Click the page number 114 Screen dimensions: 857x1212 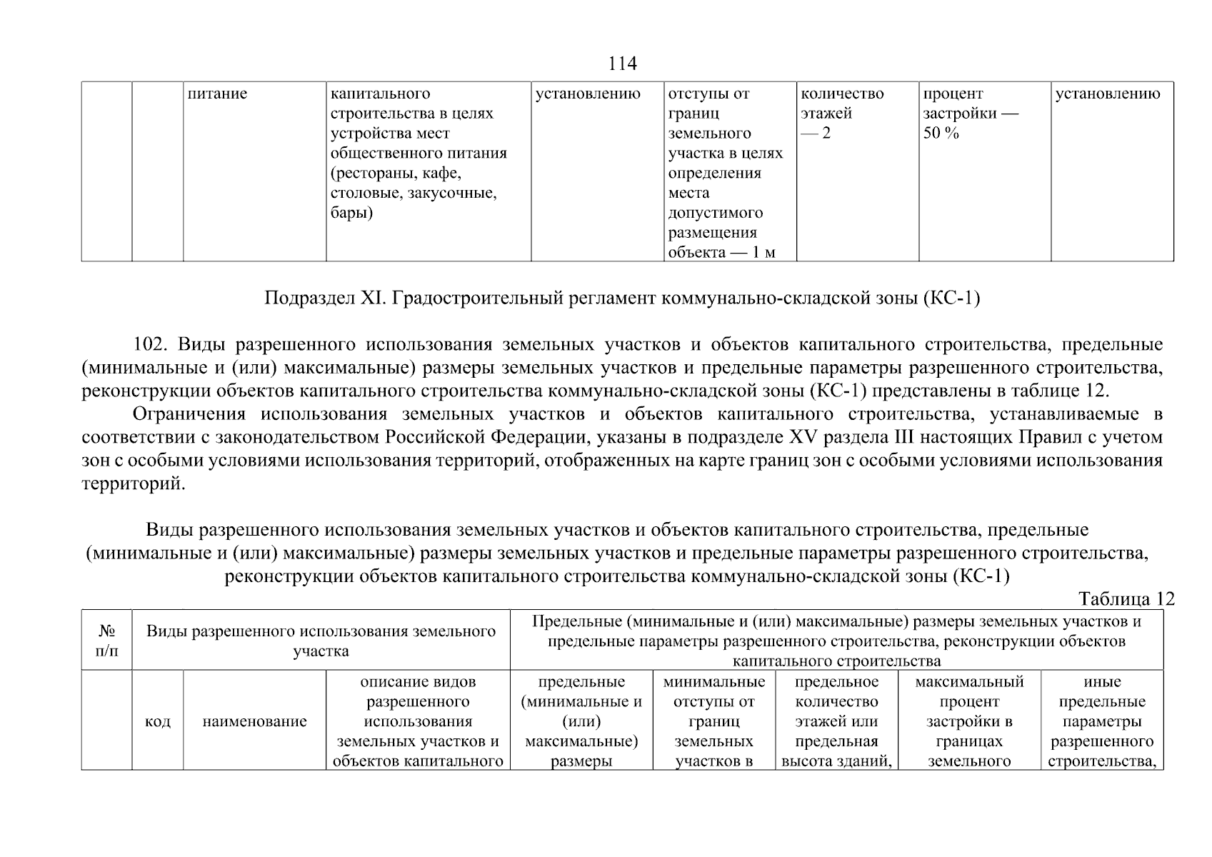[x=621, y=64]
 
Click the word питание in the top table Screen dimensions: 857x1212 [x=217, y=94]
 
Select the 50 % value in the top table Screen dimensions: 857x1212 [x=941, y=134]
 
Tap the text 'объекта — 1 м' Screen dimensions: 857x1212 [x=721, y=253]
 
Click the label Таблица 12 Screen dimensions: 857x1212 [x=1126, y=598]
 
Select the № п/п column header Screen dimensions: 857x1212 [x=106, y=641]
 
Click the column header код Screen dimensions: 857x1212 [x=157, y=721]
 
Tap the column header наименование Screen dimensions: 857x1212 [x=254, y=721]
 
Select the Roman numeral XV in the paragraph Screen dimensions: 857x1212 [x=801, y=437]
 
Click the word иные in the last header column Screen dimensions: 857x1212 [x=1102, y=682]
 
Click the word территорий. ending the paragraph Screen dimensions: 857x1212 [x=133, y=483]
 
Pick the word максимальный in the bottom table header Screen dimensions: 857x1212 [x=968, y=682]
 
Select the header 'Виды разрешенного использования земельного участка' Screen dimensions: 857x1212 [x=321, y=641]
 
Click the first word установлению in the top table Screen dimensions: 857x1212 [x=588, y=94]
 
